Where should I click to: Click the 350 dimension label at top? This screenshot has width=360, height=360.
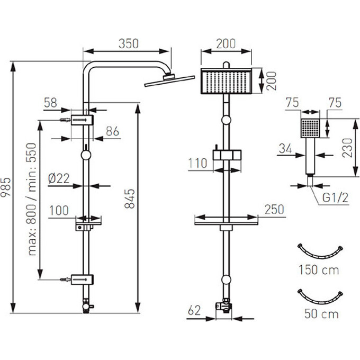(x=128, y=44)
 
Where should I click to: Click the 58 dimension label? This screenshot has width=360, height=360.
(x=51, y=103)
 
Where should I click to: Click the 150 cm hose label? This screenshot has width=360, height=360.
(x=318, y=270)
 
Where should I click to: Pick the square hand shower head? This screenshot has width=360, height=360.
(x=310, y=127)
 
